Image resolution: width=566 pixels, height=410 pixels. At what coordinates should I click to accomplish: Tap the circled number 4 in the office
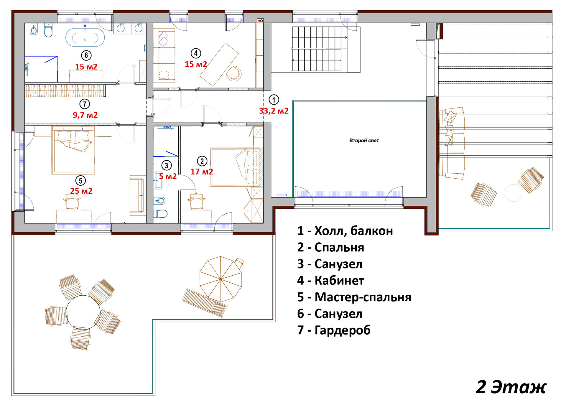[196, 53]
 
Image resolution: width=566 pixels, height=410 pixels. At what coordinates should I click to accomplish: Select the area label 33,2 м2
[274, 111]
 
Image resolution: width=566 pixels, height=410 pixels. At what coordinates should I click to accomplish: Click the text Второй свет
[364, 141]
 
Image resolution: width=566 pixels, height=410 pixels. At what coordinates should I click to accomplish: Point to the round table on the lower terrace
[83, 312]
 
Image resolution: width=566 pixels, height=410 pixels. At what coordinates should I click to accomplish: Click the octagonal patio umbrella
[221, 279]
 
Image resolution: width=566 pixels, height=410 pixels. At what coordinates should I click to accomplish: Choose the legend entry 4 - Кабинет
[330, 280]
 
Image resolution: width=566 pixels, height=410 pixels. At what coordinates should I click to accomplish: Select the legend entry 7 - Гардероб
[334, 330]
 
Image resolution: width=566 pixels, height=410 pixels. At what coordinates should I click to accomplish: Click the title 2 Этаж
[511, 387]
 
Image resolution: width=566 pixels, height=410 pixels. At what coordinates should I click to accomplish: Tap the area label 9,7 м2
[85, 115]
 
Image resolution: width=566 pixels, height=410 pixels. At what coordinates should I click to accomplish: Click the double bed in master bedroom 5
[73, 150]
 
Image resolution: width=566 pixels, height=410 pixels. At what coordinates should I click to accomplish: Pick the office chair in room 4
[233, 73]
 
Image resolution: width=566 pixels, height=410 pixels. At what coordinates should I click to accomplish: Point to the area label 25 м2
[81, 191]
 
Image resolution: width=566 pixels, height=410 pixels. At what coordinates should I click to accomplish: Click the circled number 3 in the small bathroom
[167, 165]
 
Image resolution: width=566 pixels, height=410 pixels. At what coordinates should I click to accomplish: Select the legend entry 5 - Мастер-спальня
[354, 297]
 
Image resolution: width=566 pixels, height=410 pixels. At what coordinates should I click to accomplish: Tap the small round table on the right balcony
[513, 193]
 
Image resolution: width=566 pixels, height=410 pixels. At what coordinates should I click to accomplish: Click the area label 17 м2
[202, 172]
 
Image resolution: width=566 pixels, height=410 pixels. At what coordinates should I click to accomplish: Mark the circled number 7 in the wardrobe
[85, 104]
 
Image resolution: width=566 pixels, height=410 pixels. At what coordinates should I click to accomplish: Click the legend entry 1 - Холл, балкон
[345, 231]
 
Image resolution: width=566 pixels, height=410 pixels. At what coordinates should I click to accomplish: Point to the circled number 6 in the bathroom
[86, 55]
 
